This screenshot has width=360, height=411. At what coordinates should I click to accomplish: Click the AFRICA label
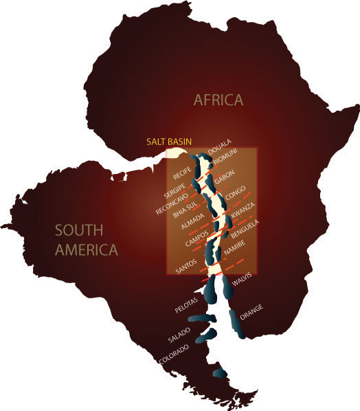point(218,100)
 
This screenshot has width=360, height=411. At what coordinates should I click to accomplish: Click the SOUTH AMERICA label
point(87,239)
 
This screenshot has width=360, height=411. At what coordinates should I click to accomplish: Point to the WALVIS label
point(243,279)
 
